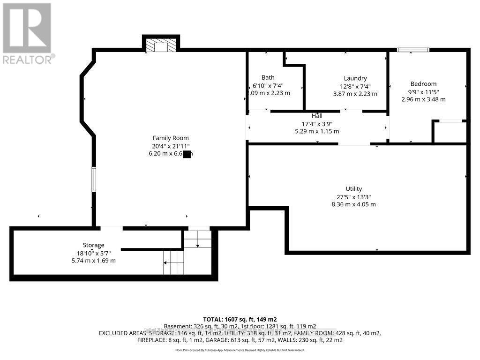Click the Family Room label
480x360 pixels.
171,138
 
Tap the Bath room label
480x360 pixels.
268,77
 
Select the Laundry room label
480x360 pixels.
355,78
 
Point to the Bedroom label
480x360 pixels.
423,84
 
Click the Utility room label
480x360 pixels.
353,189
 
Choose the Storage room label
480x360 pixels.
93,245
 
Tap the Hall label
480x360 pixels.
317,116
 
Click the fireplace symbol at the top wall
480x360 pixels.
161,45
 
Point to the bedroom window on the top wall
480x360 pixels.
413,50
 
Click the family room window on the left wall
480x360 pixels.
94,180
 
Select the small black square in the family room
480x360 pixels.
187,155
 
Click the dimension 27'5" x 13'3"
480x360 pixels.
353,197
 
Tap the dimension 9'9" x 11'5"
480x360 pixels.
423,92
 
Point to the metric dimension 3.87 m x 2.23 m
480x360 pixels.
355,94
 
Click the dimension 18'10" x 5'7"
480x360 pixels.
93,253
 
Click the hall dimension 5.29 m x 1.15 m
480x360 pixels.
317,131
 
